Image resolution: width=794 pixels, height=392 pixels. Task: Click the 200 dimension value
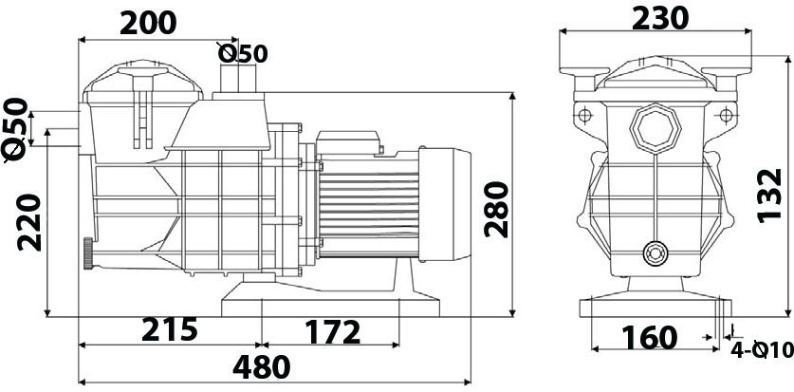pyautogui.click(x=148, y=24)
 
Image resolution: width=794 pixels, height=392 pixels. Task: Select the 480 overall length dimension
pyautogui.click(x=261, y=367)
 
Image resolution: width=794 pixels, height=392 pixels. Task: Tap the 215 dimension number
pyautogui.click(x=169, y=329)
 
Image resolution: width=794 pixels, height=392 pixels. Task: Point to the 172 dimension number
pyautogui.click(x=332, y=332)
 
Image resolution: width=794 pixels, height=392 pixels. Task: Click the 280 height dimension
pyautogui.click(x=496, y=209)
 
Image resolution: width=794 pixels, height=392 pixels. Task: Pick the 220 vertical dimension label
pyautogui.click(x=28, y=222)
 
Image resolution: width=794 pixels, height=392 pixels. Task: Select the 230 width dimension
pyautogui.click(x=660, y=18)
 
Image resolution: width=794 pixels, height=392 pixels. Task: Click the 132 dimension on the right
pyautogui.click(x=770, y=196)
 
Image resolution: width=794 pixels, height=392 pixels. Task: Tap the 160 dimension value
pyautogui.click(x=649, y=338)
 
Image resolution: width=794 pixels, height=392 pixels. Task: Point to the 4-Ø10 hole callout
pyautogui.click(x=762, y=349)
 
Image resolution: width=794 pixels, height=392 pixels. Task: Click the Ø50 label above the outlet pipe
pyautogui.click(x=243, y=54)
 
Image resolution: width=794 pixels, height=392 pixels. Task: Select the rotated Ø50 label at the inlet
pyautogui.click(x=16, y=130)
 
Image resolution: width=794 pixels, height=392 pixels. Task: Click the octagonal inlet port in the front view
pyautogui.click(x=656, y=128)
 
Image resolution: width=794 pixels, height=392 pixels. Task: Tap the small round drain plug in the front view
pyautogui.click(x=656, y=252)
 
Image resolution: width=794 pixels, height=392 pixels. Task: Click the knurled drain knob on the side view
pyautogui.click(x=88, y=253)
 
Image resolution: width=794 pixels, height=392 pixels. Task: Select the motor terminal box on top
pyautogui.click(x=348, y=141)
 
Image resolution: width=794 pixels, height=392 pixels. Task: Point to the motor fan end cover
pyautogui.click(x=445, y=204)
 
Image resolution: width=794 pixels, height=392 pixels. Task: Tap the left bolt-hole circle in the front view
pyautogui.click(x=585, y=116)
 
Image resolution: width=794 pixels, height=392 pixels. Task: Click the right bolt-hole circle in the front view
pyautogui.click(x=726, y=116)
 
